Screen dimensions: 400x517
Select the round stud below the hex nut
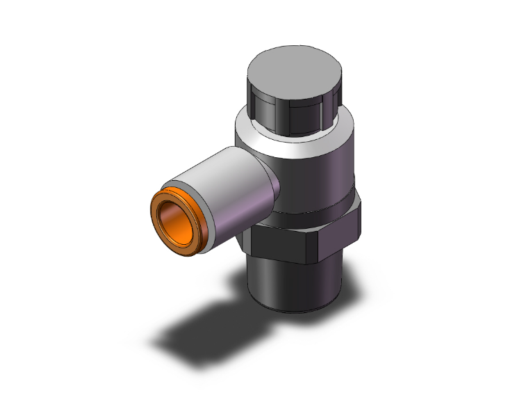pos(292,285)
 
